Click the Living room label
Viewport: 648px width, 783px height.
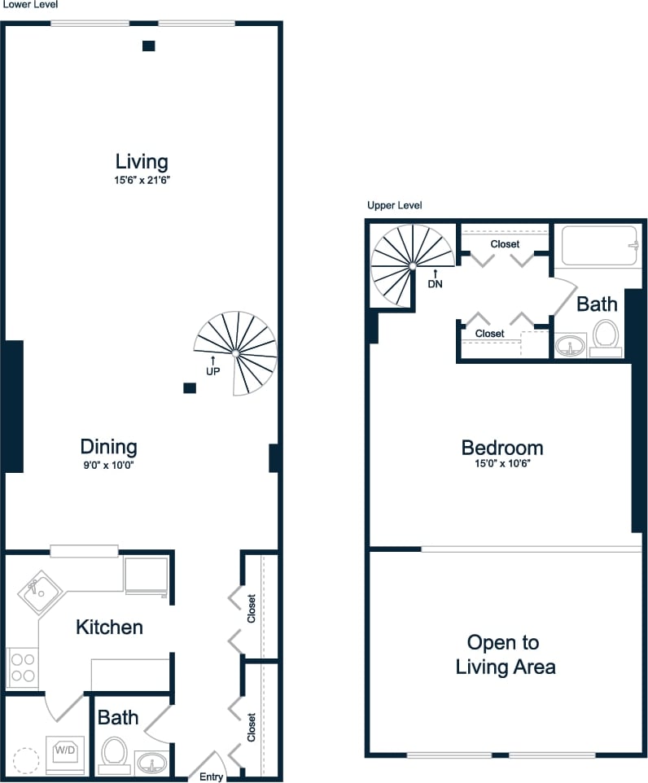pos(142,161)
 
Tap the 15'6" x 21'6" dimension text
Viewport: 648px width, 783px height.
pos(142,180)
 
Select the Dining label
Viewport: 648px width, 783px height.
pos(108,447)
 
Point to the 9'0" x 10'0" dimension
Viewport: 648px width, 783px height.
pos(108,466)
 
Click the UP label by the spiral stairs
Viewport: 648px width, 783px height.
pos(213,370)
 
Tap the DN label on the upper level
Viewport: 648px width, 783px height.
pos(435,284)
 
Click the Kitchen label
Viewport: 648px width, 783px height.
pos(109,627)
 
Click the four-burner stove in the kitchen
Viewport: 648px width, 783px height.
pos(22,667)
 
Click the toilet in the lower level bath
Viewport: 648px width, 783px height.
pos(114,753)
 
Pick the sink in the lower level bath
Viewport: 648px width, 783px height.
pos(151,763)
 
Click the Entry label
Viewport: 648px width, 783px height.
pos(211,776)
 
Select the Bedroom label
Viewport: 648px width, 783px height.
pos(501,448)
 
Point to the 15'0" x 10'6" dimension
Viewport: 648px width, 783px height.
pos(501,466)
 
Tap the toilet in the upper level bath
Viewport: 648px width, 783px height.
pos(605,336)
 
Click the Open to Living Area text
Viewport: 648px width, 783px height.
pos(505,655)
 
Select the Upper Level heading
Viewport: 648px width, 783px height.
pos(394,206)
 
